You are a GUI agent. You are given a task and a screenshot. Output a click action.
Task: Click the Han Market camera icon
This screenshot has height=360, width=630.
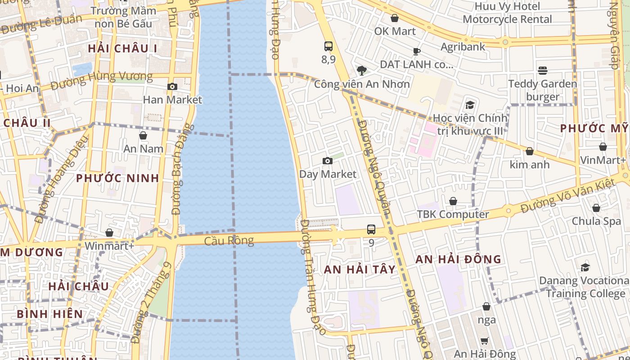172,87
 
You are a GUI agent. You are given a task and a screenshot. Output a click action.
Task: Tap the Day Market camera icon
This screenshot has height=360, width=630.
328,161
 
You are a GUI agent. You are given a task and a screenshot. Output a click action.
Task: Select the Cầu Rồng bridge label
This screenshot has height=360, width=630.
229,241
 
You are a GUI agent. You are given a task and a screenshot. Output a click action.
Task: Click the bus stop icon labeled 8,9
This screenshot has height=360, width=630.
328,46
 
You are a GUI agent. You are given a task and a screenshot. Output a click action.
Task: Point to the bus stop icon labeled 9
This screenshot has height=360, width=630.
371,229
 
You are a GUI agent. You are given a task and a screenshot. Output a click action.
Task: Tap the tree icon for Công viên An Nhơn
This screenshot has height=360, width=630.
361,70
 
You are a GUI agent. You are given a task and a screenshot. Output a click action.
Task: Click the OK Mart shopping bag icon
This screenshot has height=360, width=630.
395,18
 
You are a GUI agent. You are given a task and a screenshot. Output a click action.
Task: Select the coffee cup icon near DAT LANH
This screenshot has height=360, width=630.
417,51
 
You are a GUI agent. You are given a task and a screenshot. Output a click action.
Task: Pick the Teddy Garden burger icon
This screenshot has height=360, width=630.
543,71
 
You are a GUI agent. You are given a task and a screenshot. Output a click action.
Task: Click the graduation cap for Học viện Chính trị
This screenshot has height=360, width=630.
470,105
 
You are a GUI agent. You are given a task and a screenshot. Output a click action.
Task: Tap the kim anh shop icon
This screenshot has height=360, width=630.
530,151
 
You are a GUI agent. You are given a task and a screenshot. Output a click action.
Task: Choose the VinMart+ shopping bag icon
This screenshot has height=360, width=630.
603,147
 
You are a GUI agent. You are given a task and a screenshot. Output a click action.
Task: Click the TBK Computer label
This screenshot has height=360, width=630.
453,214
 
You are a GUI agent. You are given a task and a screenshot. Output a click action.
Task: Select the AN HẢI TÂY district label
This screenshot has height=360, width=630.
360,270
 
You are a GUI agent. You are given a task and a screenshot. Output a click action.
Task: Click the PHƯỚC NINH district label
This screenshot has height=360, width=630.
117,178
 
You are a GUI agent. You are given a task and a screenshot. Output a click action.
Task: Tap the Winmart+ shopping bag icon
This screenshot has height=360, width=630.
109,233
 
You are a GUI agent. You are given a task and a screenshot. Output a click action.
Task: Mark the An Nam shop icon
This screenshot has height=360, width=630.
143,135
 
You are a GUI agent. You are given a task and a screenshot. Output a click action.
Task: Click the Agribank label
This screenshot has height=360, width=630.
463,47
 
